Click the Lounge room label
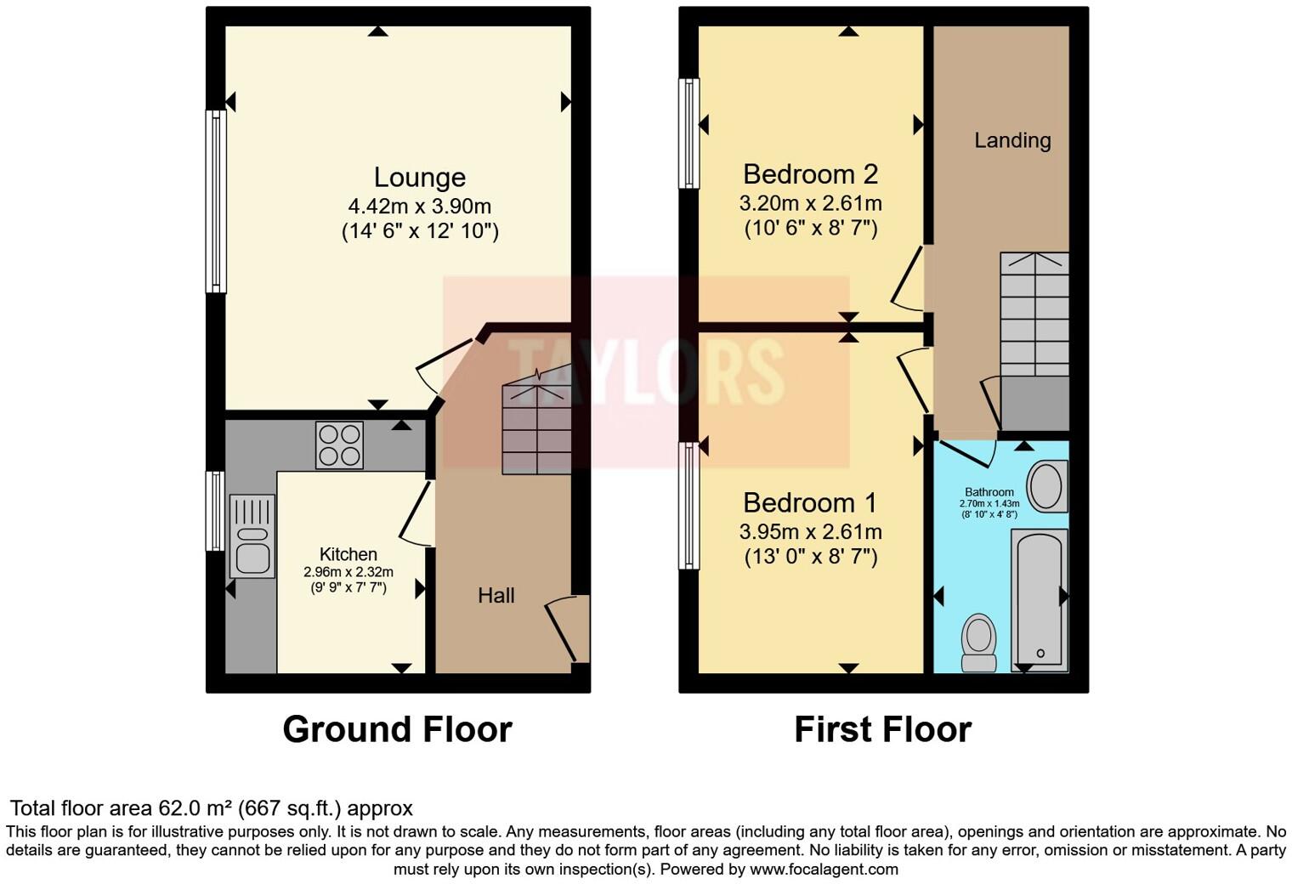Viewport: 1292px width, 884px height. pos(419,177)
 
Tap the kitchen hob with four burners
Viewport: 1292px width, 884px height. pos(339,445)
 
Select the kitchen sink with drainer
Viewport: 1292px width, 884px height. pos(252,536)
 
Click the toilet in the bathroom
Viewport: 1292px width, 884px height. pos(978,643)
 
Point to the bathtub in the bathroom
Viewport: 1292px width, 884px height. pos(1039,599)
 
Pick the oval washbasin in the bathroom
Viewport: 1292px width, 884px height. pos(1046,487)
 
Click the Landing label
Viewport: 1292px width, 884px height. pos(1011,140)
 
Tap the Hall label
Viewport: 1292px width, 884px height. pos(496,595)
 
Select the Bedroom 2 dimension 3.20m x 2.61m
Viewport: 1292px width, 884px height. pos(810,204)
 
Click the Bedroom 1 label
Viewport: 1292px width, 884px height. pos(809,502)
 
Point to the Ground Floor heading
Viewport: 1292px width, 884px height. pos(397,729)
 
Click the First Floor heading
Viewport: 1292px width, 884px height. pos(882,729)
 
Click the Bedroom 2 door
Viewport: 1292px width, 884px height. pos(908,279)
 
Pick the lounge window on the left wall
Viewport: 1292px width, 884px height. pos(217,201)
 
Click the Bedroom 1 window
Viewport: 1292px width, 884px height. pos(688,505)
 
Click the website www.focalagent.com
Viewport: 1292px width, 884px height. pos(823,870)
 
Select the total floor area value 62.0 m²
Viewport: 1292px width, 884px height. pos(197,808)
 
